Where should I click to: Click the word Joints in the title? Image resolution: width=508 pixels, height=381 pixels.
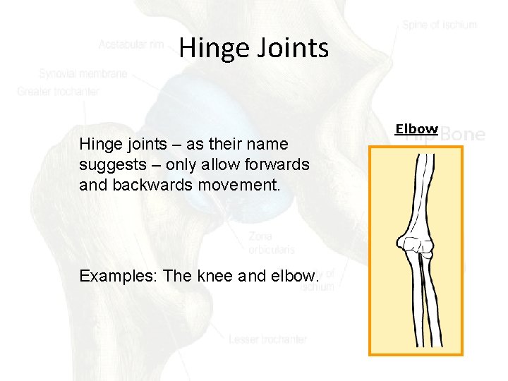click(291, 48)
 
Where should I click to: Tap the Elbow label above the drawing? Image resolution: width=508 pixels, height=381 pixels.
click(416, 129)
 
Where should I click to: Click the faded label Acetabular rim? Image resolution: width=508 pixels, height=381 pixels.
click(131, 44)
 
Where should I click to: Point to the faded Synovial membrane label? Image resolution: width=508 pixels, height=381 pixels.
click(83, 73)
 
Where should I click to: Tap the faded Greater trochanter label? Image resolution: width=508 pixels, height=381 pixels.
click(59, 92)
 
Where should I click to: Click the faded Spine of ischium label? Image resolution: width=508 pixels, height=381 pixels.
click(440, 25)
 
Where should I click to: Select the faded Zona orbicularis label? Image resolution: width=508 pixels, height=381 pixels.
click(272, 243)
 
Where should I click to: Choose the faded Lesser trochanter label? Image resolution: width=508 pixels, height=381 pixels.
click(268, 339)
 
